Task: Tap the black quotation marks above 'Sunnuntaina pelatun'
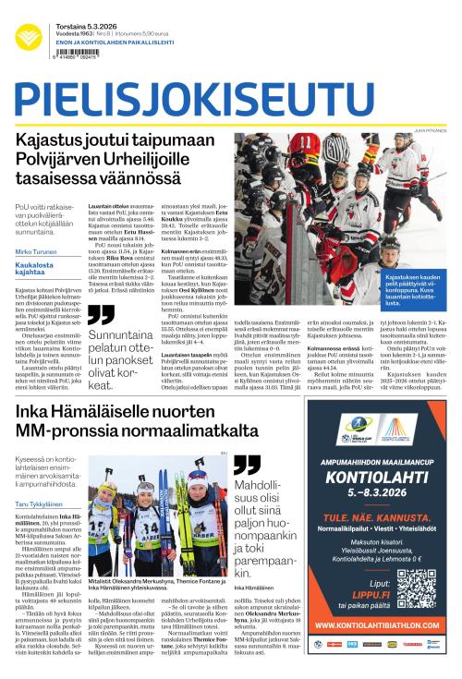click(x=100, y=315)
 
